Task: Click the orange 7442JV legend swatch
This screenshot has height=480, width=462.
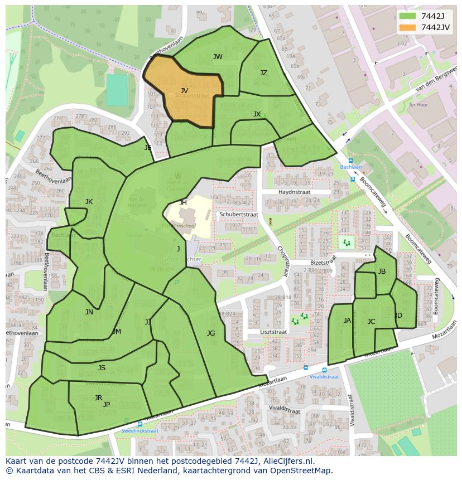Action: coord(407,28)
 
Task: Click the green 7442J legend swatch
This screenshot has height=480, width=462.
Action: coord(407,16)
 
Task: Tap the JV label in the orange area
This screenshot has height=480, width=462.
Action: coord(184,90)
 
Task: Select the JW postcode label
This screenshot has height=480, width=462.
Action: coord(218,57)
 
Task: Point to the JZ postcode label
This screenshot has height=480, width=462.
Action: coord(263,73)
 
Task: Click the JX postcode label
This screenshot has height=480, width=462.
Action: coord(257,114)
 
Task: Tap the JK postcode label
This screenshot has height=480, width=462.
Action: coord(89,202)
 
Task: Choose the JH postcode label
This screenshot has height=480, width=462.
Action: coord(183,203)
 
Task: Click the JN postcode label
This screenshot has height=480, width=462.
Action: coord(89,312)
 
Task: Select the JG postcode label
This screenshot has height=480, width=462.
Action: coord(210,333)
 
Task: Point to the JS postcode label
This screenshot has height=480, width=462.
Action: coord(102,368)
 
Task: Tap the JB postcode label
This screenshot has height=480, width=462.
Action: coord(382,271)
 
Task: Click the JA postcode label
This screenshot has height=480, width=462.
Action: coord(347,321)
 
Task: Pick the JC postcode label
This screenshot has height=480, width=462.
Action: coord(371,322)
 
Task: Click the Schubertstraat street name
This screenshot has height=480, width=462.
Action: coord(238,214)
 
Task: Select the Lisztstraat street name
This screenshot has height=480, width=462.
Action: coord(273,332)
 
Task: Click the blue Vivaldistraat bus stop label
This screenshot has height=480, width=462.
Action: coord(325,377)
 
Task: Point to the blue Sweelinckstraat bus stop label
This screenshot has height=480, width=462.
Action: coord(139,431)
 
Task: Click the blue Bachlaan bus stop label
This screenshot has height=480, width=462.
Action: coord(352,167)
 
